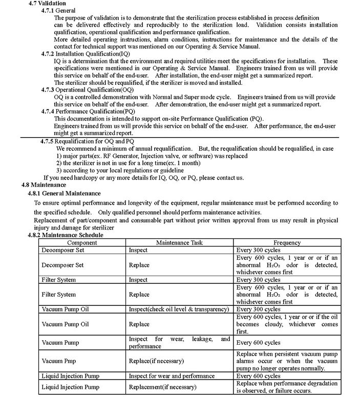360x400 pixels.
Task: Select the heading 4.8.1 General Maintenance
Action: tap(64, 193)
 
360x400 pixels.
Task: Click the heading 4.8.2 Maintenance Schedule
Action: tap(65, 235)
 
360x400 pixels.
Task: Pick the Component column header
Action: tap(82, 242)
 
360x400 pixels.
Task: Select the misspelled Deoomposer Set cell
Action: tap(62, 251)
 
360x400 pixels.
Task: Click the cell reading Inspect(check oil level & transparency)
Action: tap(179, 309)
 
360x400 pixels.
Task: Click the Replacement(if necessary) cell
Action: tap(162, 387)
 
